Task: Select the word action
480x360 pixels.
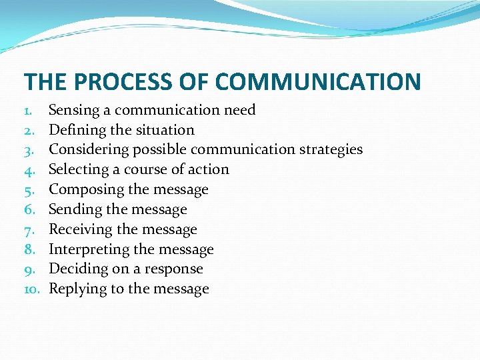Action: pos(208,169)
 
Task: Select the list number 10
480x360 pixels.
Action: pos(32,289)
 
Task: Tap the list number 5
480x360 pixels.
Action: pos(29,189)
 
